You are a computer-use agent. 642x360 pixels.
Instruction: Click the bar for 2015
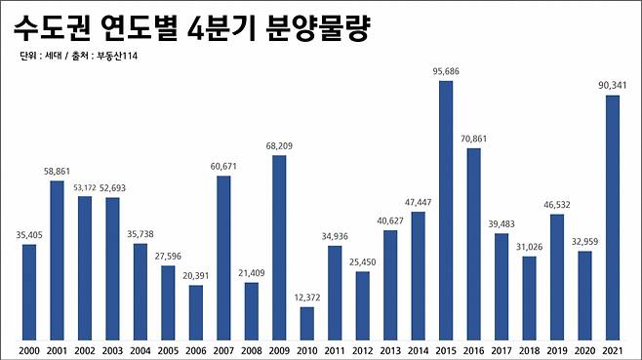pyautogui.click(x=446, y=209)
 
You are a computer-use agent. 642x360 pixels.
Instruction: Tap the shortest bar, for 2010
pyautogui.click(x=307, y=321)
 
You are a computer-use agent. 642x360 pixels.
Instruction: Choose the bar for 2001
pyautogui.click(x=57, y=259)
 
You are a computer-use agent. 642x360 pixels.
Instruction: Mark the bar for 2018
pyautogui.click(x=530, y=297)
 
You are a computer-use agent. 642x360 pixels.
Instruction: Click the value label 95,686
pyautogui.click(x=446, y=71)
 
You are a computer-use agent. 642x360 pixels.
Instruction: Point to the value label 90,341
pyautogui.click(x=613, y=85)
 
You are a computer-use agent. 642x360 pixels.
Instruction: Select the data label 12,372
pyautogui.click(x=307, y=297)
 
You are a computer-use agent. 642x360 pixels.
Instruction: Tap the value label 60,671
pyautogui.click(x=223, y=167)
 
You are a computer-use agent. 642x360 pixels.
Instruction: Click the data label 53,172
pyautogui.click(x=84, y=187)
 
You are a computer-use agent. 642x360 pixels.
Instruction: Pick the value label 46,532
pyautogui.click(x=557, y=204)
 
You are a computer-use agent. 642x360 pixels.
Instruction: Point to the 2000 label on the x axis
pyautogui.click(x=29, y=348)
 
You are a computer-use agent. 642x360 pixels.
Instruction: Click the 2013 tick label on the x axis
pyautogui.click(x=390, y=348)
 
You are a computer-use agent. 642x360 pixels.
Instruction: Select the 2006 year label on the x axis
pyautogui.click(x=196, y=348)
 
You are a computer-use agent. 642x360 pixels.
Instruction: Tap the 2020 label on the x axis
pyautogui.click(x=585, y=348)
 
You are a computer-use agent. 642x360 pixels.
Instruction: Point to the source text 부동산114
pyautogui.click(x=120, y=58)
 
